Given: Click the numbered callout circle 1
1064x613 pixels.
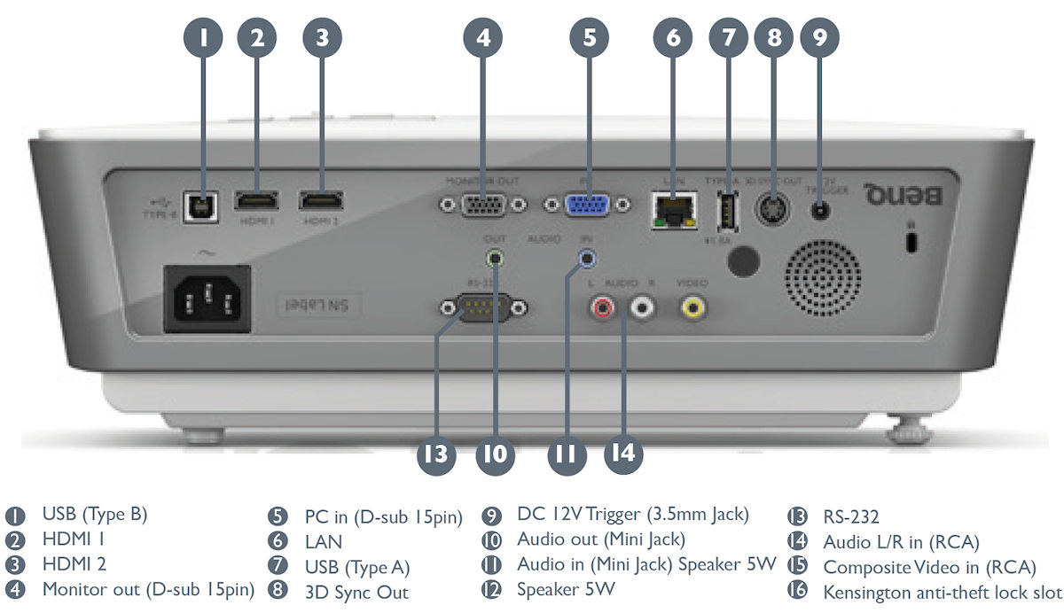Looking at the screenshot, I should [205, 37].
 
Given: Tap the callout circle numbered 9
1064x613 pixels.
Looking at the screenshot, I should [819, 37].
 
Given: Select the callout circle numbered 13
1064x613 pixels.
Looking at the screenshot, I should [435, 454].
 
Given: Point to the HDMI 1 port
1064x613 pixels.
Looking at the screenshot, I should [257, 201].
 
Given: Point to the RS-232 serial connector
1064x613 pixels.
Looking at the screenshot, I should [483, 308].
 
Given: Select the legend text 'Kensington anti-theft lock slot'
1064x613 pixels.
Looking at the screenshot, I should [943, 591].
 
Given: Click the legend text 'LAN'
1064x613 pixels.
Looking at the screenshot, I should [323, 540].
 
